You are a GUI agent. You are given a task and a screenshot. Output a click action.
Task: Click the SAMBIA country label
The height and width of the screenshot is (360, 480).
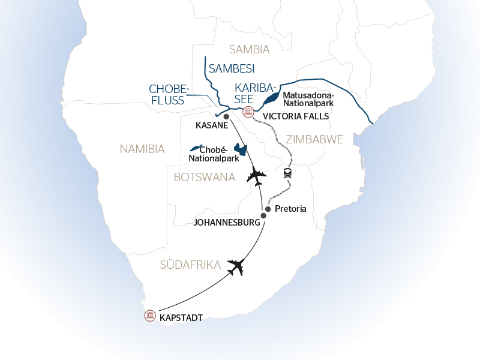click(x=249, y=49)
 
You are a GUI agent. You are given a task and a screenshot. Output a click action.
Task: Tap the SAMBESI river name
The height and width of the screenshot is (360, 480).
click(x=232, y=68)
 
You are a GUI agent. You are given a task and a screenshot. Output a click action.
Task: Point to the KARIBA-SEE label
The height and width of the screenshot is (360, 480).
click(x=254, y=94)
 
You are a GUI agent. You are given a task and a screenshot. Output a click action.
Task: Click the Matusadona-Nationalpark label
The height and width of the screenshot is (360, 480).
click(x=308, y=100)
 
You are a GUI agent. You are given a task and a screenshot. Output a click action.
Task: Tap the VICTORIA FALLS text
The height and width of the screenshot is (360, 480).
click(x=296, y=116)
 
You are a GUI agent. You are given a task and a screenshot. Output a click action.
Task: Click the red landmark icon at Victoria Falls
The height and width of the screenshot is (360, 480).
click(x=248, y=112)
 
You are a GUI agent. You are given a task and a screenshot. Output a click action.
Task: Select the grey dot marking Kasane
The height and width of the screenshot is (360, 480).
click(x=226, y=116)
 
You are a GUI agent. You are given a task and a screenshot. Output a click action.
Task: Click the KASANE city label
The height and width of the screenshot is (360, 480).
click(x=212, y=125)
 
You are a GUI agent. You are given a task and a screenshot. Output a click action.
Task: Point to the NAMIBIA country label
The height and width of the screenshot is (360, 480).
click(x=142, y=149)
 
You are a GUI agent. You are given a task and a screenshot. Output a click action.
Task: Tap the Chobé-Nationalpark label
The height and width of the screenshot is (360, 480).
click(x=214, y=154)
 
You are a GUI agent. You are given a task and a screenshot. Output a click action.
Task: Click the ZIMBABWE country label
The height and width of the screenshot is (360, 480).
click(x=314, y=139)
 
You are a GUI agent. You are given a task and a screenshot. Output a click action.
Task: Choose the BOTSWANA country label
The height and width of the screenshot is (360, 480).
click(x=205, y=177)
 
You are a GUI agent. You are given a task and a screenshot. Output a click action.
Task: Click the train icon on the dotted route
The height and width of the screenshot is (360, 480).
click(x=288, y=173)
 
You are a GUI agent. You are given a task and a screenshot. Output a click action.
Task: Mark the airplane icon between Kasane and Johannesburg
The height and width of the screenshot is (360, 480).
click(x=256, y=176)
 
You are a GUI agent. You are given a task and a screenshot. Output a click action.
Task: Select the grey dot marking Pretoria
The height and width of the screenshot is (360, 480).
click(x=268, y=209)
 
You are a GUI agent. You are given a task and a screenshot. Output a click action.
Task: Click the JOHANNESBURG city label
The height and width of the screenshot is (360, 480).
click(x=227, y=223)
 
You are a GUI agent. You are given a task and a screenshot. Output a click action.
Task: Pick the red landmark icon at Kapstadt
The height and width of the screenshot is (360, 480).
click(x=150, y=316)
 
